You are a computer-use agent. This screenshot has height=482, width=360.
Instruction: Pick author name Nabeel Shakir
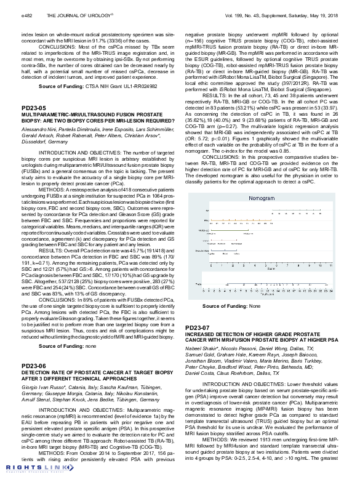point(201,348)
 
